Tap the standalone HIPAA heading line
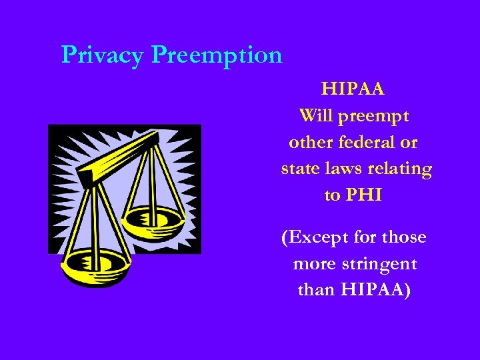pyautogui.click(x=353, y=89)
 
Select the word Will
pyautogui.click(x=316, y=115)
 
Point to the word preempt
pyautogui.click(x=373, y=115)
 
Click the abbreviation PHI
pyautogui.click(x=363, y=195)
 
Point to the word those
pyautogui.click(x=401, y=237)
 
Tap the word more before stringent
pyautogui.click(x=314, y=264)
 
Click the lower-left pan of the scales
pyautogui.click(x=94, y=267)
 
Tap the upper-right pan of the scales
pyautogui.click(x=155, y=218)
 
